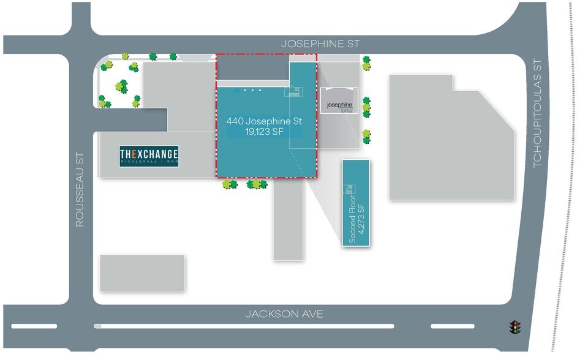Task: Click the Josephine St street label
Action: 320,44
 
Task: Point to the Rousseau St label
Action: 80,190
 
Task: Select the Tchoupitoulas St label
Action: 537,113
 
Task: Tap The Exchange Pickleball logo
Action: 149,157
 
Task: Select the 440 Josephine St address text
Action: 264,121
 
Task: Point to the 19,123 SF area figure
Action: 264,132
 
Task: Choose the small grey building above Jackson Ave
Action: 141,272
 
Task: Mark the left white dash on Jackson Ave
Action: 34,326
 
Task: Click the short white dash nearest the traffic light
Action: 452,326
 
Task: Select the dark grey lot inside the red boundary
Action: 252,67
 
